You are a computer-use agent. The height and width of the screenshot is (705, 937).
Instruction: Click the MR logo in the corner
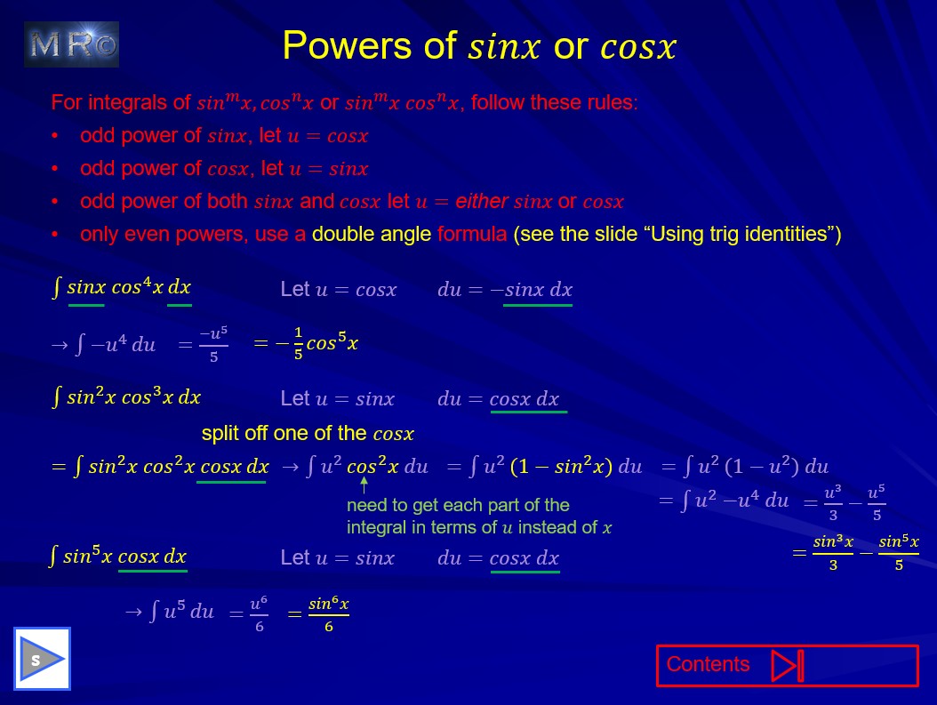(x=71, y=44)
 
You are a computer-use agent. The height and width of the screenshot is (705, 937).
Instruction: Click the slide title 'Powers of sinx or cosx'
(x=479, y=46)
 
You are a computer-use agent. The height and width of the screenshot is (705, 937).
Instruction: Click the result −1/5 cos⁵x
(x=306, y=343)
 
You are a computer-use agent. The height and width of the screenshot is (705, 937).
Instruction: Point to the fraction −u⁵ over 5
(x=213, y=344)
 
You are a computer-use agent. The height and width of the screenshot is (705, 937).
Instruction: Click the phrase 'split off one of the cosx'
(x=308, y=434)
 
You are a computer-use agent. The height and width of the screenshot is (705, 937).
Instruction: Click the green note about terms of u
(x=479, y=517)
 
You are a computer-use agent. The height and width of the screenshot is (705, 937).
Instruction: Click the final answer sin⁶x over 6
(x=328, y=614)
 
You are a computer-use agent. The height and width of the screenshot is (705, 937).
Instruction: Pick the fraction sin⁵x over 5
(x=898, y=552)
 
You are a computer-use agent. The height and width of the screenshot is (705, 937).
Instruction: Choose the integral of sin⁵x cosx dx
(x=118, y=557)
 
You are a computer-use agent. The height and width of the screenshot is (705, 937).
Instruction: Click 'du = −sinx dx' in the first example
(x=505, y=290)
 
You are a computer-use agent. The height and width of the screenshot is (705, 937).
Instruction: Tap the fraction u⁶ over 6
(x=258, y=613)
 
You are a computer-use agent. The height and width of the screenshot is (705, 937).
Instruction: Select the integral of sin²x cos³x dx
(x=126, y=397)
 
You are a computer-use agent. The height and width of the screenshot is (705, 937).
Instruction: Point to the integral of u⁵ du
(x=181, y=613)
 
